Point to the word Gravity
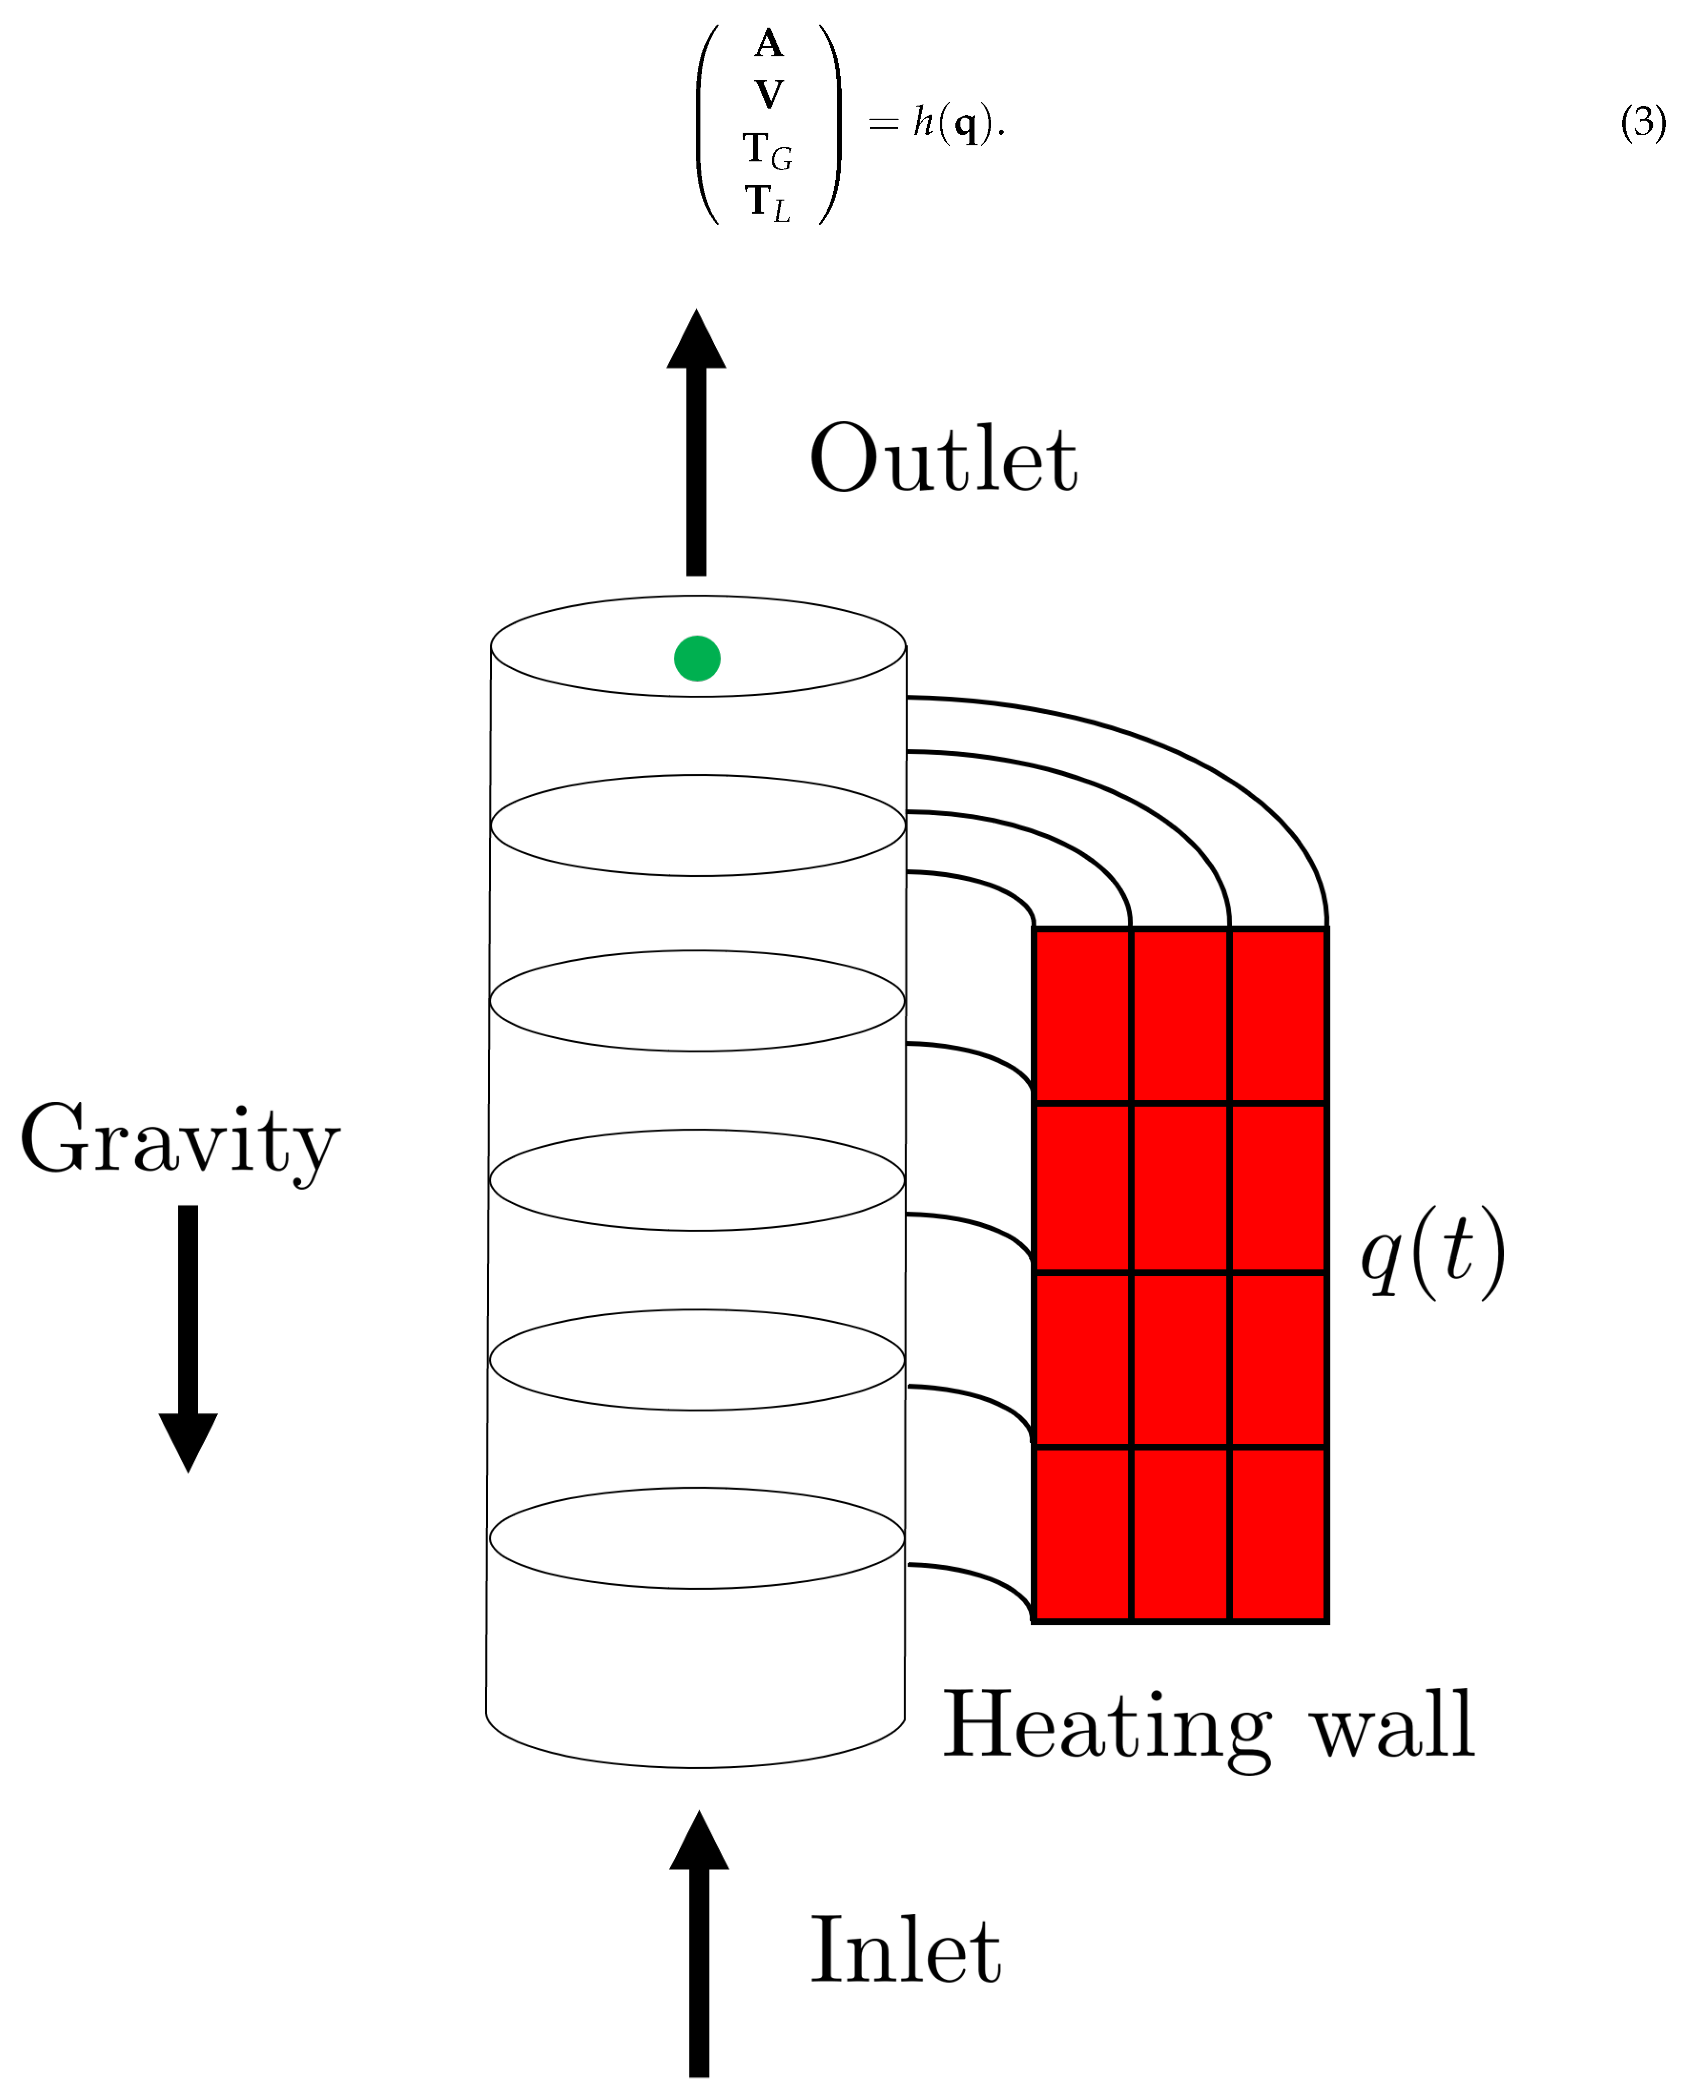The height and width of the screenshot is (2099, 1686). (x=180, y=1141)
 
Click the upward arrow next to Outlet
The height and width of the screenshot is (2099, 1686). (x=696, y=443)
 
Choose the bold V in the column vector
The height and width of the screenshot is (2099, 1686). (x=768, y=95)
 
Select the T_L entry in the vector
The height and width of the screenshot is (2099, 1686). (x=768, y=202)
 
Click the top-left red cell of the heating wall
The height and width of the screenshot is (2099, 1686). (x=1082, y=1016)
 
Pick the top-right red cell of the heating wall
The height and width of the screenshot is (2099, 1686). (x=1278, y=1016)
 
